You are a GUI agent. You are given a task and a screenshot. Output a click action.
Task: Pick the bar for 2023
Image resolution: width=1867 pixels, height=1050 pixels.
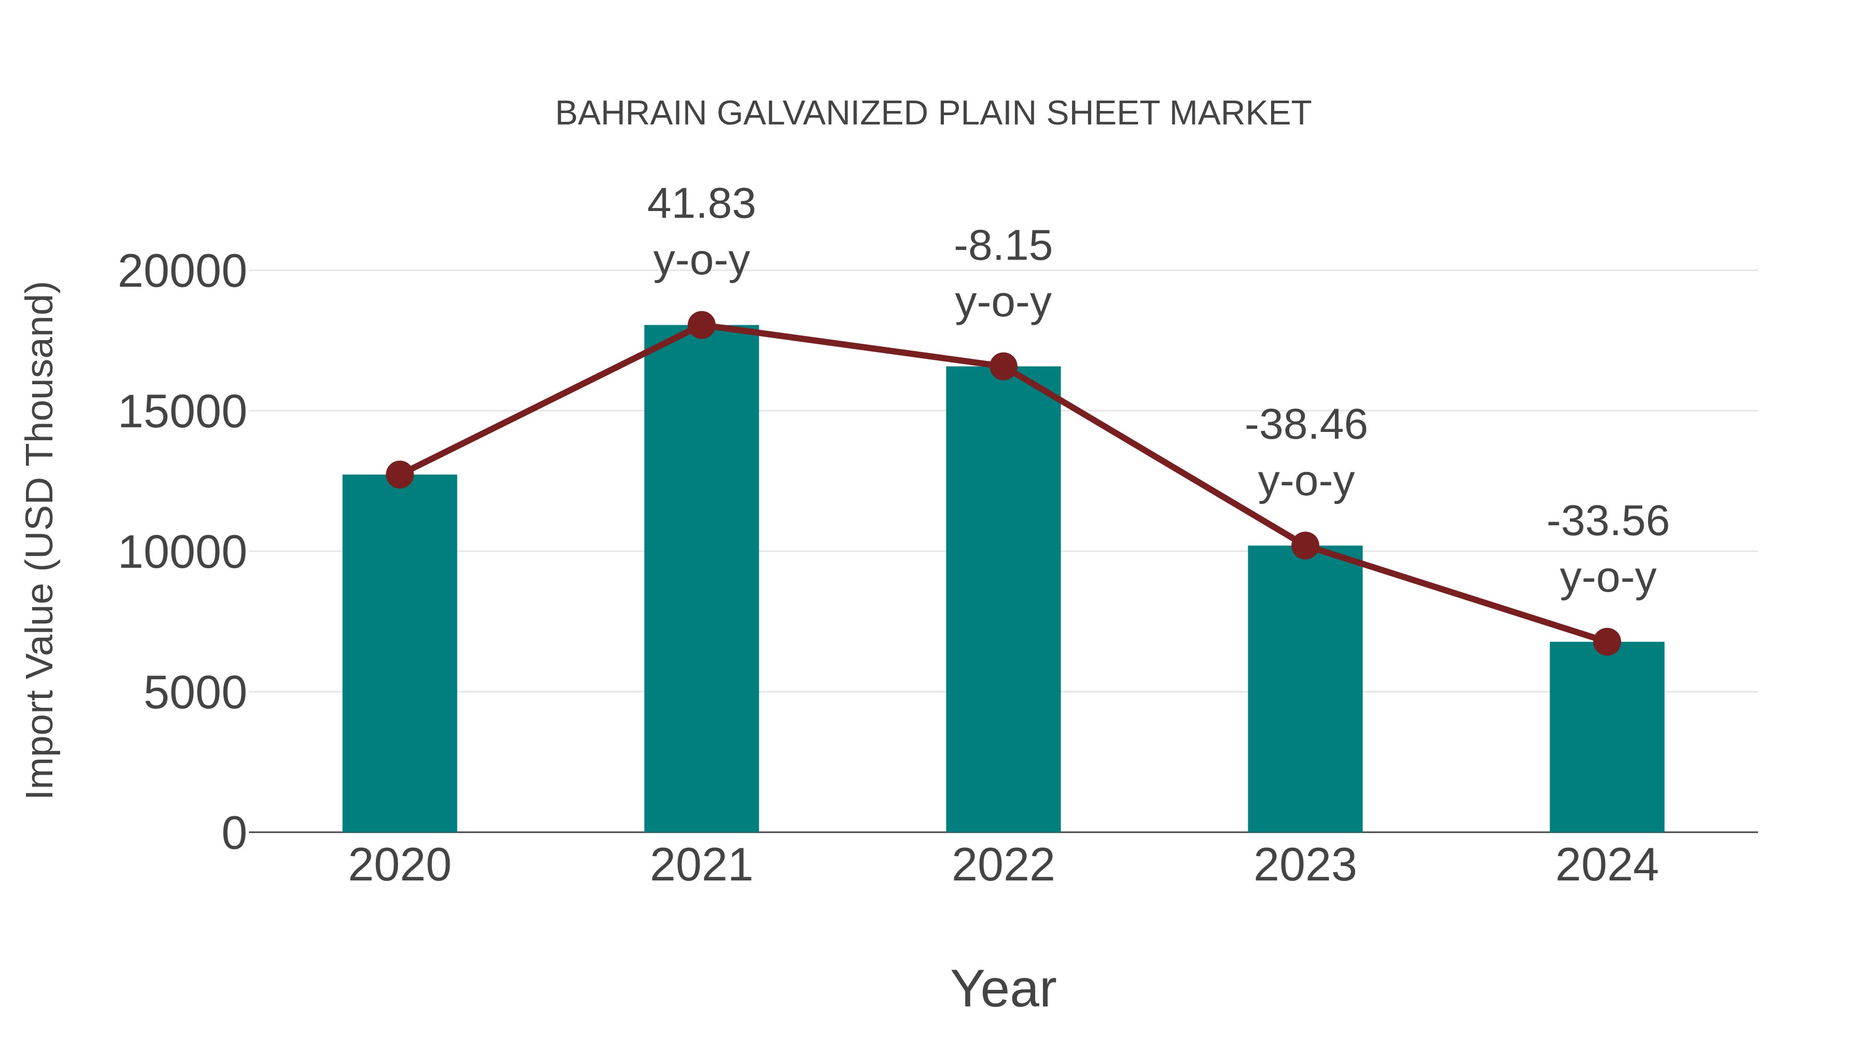1305,689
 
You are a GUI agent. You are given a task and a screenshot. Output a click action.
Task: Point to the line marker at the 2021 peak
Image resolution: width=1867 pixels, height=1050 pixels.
701,325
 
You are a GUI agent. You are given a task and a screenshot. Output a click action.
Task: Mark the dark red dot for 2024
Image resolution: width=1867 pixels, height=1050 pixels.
1607,641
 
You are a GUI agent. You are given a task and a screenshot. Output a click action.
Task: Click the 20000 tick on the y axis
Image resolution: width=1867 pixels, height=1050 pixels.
182,272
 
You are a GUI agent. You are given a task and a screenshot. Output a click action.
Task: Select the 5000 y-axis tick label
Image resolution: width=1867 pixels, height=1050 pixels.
195,693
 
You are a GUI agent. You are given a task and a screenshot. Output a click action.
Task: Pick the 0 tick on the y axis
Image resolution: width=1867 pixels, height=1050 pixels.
234,833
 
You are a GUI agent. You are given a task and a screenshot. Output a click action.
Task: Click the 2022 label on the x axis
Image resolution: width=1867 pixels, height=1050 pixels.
1003,865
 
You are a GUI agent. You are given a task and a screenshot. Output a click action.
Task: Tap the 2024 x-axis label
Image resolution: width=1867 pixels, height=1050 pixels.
1607,865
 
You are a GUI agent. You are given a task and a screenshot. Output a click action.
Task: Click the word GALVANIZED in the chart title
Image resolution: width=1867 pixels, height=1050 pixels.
822,114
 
